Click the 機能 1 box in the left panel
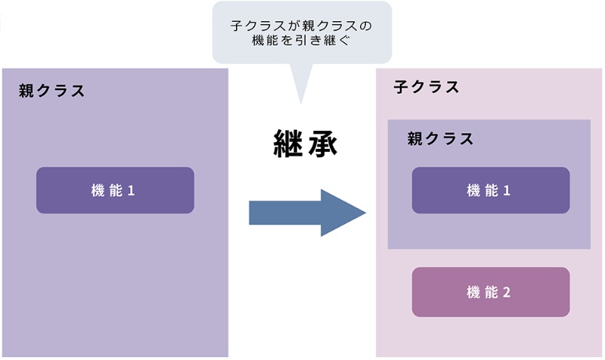coord(115,191)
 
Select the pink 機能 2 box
coord(490,292)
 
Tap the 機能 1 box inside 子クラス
coord(490,191)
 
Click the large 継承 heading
coord(304,143)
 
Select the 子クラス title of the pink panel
coord(427,87)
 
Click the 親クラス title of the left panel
coord(51,92)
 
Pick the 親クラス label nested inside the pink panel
coord(440,139)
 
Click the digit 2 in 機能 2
coord(507,292)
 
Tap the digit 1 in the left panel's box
coord(131,191)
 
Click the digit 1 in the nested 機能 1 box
coord(507,191)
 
